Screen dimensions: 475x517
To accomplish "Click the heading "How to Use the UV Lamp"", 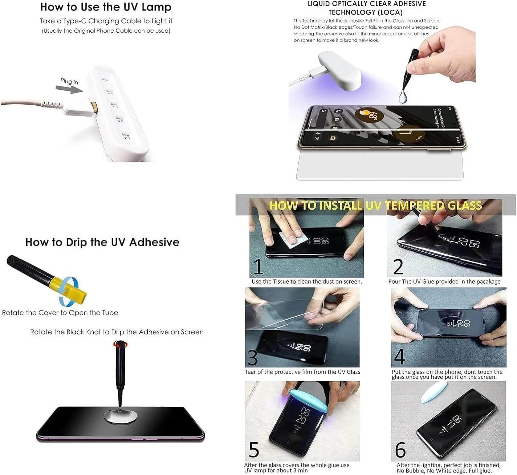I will [x=106, y=7].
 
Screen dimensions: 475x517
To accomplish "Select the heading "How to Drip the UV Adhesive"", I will [x=102, y=242].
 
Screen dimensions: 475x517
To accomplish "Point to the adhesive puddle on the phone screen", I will [x=121, y=417].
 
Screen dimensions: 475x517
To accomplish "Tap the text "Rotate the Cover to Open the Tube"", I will [x=60, y=313].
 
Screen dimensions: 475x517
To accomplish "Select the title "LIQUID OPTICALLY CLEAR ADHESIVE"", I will [x=367, y=4].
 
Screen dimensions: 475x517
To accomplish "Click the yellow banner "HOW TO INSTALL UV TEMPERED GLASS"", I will [x=375, y=206].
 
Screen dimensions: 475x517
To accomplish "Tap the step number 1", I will [x=258, y=267].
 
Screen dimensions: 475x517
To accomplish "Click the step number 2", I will [x=398, y=267].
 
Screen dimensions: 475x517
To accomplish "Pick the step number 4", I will [x=399, y=357].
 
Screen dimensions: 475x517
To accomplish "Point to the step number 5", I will [x=254, y=450].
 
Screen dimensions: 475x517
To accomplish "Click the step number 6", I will [x=400, y=450].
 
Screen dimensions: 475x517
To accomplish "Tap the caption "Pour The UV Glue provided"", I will [x=444, y=281].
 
